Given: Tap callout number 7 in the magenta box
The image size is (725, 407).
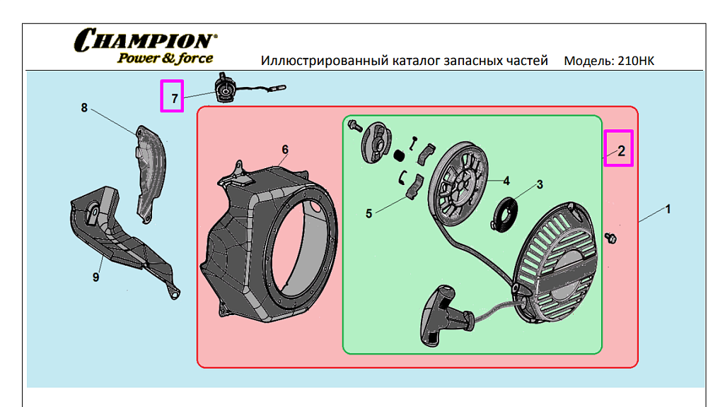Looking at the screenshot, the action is [174, 98].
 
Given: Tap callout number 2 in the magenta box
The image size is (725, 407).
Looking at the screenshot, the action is [621, 151].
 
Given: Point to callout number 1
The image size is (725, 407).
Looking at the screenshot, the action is [667, 209].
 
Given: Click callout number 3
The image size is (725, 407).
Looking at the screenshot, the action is [540, 185].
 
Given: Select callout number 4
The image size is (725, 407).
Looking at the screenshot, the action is [506, 181].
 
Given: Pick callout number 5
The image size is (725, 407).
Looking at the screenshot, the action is [369, 213].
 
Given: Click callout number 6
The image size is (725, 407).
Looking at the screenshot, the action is [285, 150].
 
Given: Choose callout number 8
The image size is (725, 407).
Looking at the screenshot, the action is [83, 107].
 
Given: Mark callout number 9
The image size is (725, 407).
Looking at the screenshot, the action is [95, 277].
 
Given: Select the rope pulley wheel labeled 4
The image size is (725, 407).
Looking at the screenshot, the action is [458, 184].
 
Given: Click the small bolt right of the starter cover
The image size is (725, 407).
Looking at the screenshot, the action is [610, 238].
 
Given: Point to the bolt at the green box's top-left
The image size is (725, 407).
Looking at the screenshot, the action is [355, 125].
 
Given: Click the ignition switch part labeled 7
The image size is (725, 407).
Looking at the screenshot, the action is [225, 90].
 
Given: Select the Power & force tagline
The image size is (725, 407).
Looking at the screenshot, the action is [165, 58].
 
